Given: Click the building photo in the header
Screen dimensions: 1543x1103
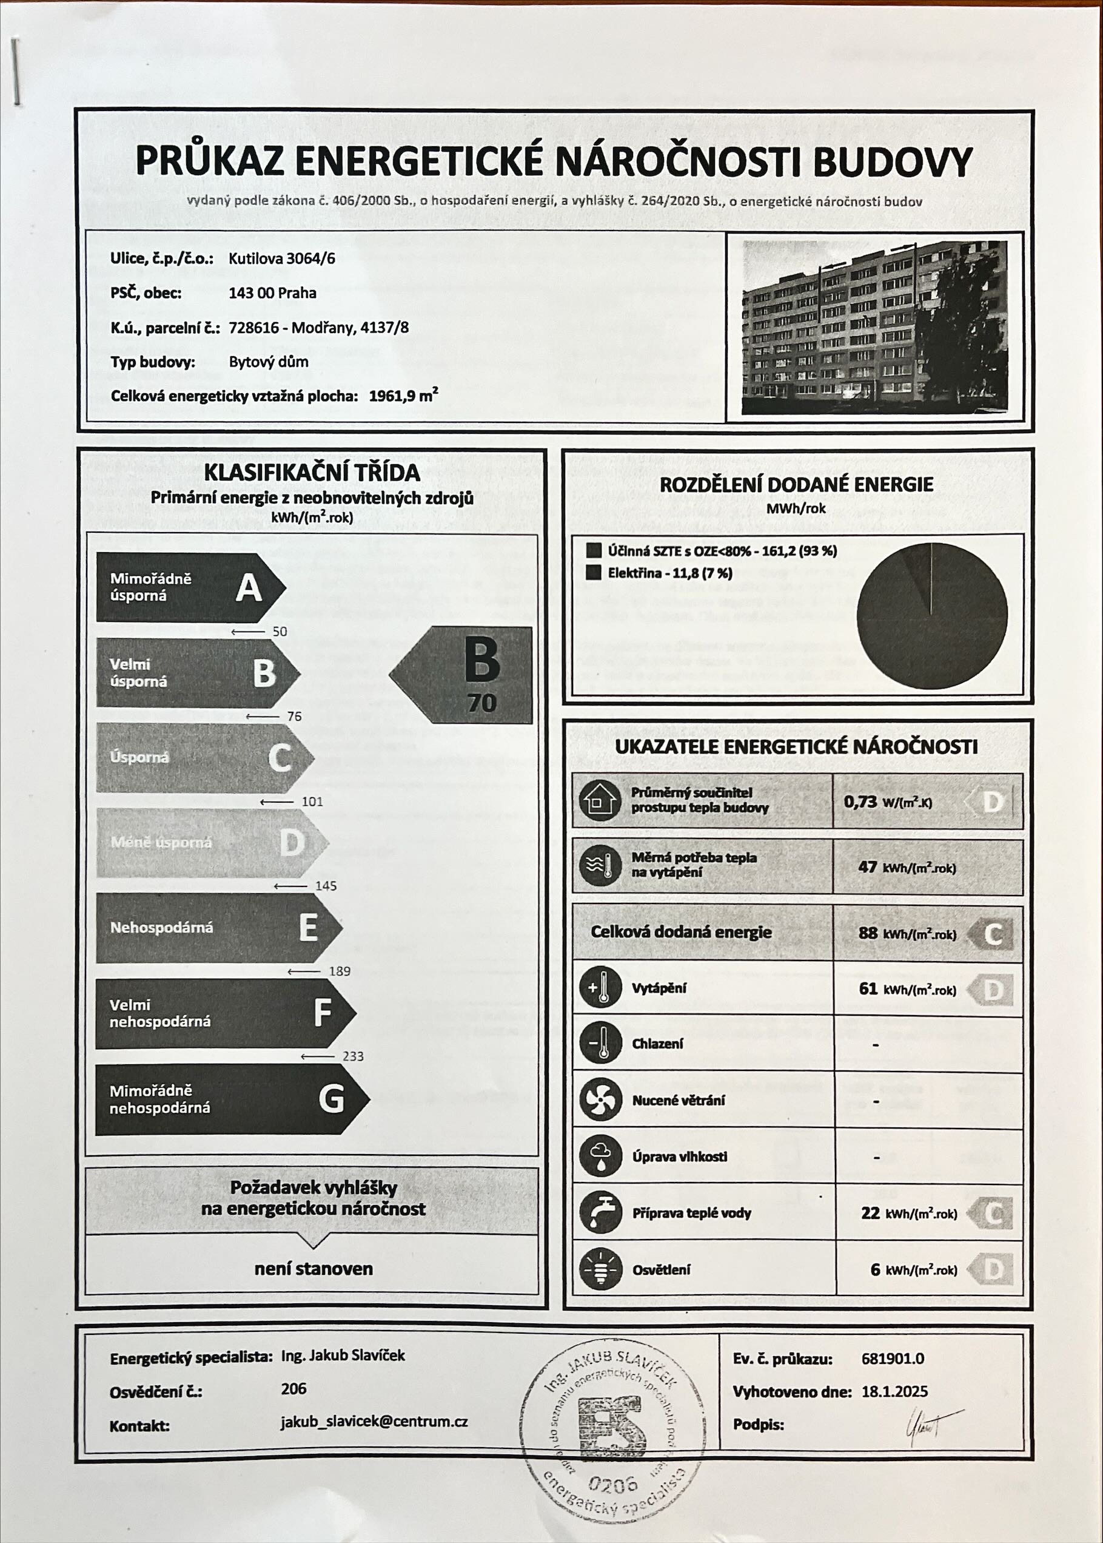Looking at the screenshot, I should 874,327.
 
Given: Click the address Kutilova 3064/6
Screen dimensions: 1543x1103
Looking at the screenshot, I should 282,258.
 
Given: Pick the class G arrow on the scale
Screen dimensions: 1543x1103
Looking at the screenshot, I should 231,1099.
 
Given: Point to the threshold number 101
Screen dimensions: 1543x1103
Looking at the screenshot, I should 312,802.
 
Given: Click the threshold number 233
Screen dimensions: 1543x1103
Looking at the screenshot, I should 353,1056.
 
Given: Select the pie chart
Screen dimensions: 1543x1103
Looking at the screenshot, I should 931,616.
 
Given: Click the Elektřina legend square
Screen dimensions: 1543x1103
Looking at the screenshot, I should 594,573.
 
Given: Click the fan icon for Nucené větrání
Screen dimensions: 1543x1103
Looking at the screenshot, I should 600,1100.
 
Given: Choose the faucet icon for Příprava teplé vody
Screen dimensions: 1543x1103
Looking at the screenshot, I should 600,1214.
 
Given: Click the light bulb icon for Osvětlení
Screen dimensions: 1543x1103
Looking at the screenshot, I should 600,1269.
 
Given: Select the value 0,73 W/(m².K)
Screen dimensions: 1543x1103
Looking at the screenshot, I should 888,802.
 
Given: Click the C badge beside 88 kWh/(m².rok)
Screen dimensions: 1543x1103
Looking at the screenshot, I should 991,934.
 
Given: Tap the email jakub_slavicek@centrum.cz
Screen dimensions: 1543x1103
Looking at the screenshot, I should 374,1422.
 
